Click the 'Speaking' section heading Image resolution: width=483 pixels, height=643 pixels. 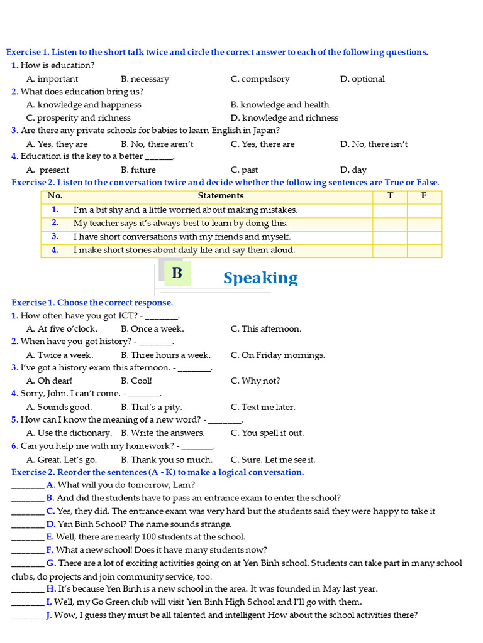[260, 278]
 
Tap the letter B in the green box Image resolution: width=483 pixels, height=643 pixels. [177, 273]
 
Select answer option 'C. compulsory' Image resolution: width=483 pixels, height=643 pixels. [260, 79]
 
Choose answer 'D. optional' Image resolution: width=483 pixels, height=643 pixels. [362, 79]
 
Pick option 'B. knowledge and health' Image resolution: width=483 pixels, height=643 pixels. [279, 105]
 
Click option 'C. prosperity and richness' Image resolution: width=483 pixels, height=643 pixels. [79, 118]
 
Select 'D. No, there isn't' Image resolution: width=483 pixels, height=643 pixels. [374, 144]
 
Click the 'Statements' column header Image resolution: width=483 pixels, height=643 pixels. [221, 196]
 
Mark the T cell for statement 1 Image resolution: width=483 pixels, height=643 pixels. [390, 210]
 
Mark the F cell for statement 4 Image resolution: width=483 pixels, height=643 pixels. [424, 250]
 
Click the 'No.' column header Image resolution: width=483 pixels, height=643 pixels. [55, 196]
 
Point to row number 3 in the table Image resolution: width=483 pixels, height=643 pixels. [55, 237]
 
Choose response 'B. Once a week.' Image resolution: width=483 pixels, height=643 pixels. [152, 328]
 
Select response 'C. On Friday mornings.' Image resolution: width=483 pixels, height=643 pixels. [277, 355]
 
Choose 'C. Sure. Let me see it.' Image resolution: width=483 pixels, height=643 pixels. [273, 459]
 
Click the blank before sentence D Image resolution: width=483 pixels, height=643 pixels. [28, 524]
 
